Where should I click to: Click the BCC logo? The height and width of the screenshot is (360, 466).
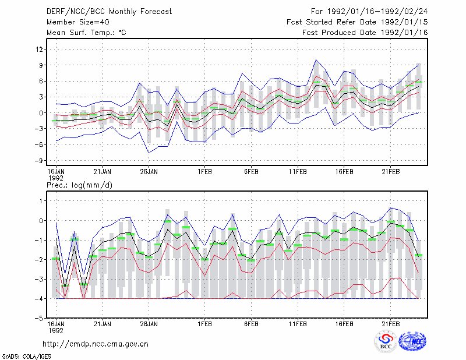pyautogui.click(x=386, y=341)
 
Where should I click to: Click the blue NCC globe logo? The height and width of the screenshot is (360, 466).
pyautogui.click(x=412, y=341)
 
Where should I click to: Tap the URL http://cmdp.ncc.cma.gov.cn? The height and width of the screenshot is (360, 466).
pyautogui.click(x=96, y=344)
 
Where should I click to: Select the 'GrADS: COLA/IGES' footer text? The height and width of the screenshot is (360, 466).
pyautogui.click(x=26, y=356)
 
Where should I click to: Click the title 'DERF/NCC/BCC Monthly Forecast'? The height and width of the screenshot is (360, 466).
pyautogui.click(x=109, y=12)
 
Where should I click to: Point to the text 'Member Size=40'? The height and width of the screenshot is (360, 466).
pyautogui.click(x=78, y=22)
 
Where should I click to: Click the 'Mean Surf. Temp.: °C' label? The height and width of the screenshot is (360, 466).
pyautogui.click(x=86, y=33)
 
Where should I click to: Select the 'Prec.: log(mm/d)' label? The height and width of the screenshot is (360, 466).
pyautogui.click(x=79, y=185)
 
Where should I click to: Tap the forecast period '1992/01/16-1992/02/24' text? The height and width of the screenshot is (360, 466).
pyautogui.click(x=377, y=12)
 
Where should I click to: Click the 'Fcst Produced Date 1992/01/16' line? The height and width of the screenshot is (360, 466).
pyautogui.click(x=365, y=33)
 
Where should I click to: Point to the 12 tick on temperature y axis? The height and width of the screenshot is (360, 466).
pyautogui.click(x=40, y=49)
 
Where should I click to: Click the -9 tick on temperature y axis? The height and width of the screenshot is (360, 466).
pyautogui.click(x=39, y=161)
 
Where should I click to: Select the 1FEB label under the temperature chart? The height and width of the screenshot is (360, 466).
pyautogui.click(x=204, y=172)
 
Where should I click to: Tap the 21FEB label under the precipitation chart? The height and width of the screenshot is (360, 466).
pyautogui.click(x=390, y=324)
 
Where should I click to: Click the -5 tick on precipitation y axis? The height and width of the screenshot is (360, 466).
pyautogui.click(x=39, y=318)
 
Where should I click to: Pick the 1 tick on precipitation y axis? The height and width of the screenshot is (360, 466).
pyautogui.click(x=41, y=201)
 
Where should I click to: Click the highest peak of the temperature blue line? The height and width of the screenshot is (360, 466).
pyautogui.click(x=316, y=59)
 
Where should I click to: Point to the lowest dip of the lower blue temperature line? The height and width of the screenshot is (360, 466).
pyautogui.click(x=149, y=153)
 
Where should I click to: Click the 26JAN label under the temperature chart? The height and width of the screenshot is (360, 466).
pyautogui.click(x=149, y=172)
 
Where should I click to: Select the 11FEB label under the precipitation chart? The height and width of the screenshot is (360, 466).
pyautogui.click(x=298, y=324)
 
